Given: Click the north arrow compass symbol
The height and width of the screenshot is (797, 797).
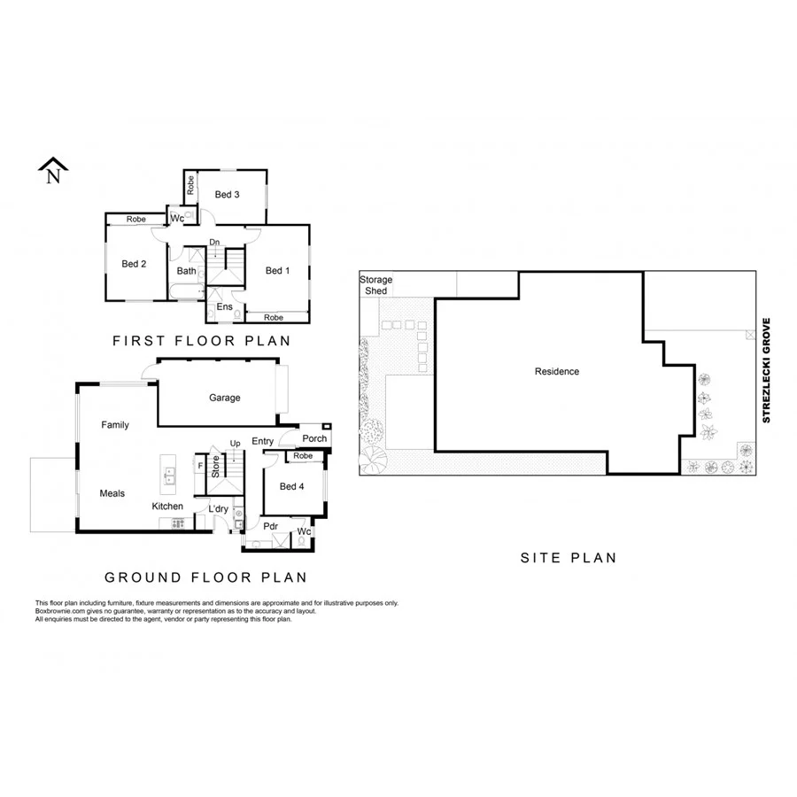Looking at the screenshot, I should pos(54,171).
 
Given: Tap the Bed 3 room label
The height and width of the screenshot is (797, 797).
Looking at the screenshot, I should pos(228,194).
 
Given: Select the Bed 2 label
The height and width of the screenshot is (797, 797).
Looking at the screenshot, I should pos(134,263).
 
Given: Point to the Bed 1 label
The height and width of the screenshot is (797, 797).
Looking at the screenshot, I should pos(278,270).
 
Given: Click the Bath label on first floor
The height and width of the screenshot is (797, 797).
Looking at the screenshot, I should pos(186,271).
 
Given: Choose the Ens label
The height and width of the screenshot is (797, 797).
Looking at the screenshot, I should pos(225,306).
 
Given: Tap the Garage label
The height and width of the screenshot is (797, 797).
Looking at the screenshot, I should pos(225,398).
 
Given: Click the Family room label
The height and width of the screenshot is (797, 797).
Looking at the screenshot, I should pos(115,425).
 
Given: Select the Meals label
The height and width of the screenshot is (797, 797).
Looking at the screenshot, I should pos(112,493).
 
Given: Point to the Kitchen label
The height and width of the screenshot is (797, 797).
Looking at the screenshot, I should pos(167,507).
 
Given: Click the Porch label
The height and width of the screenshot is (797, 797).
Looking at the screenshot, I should pos(314,438).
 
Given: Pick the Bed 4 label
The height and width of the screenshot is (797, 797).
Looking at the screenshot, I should pos(291,486).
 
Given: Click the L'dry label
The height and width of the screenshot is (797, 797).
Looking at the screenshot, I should pos(218,508).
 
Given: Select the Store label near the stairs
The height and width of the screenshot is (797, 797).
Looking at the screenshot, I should pos(215,466).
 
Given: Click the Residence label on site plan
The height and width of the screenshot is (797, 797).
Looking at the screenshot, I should pos(557,371).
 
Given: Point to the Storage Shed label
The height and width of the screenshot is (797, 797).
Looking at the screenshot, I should pos(375,285).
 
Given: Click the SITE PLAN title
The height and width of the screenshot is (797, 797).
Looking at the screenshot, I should pos(568,558).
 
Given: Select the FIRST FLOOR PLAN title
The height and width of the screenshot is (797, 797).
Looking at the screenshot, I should pos(201,340).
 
